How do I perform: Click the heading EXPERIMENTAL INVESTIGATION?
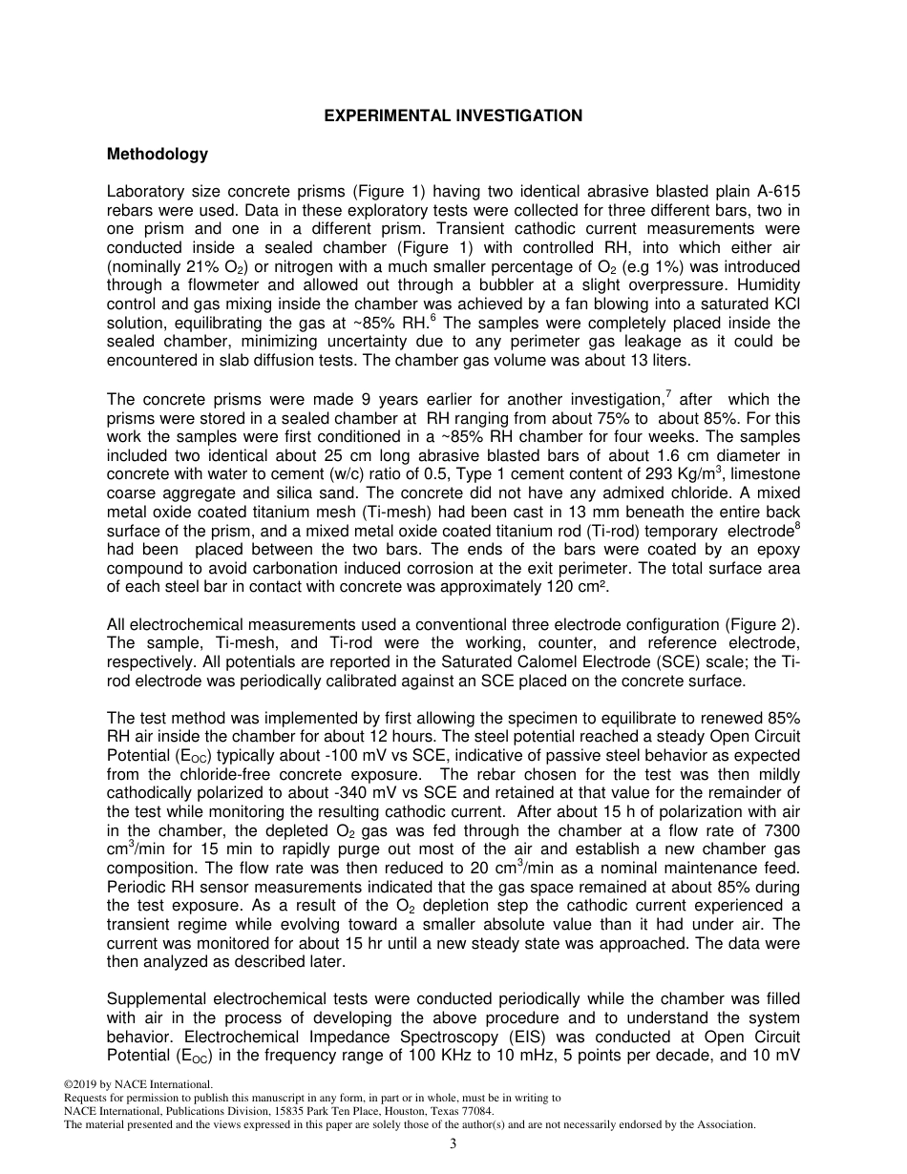[453, 115]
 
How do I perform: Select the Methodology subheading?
[157, 154]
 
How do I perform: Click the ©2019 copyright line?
[137, 1083]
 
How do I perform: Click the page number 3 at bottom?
[453, 1144]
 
